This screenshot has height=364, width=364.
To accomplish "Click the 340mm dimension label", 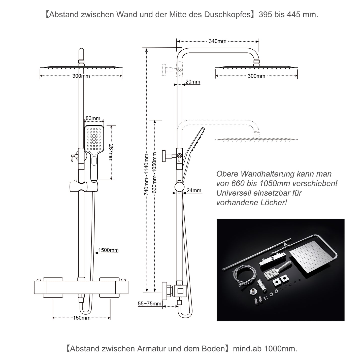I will tap(217, 41).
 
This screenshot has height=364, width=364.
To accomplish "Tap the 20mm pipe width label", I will tap(193, 82).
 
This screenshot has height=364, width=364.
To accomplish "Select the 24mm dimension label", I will tap(194, 190).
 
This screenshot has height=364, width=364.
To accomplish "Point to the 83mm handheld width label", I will tap(93, 118).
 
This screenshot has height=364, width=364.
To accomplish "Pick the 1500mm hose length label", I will tap(108, 250).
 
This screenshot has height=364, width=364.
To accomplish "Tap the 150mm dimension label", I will tap(82, 318).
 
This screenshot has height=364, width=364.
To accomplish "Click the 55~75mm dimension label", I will tap(149, 304).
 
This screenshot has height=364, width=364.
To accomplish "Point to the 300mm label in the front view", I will tap(81, 76).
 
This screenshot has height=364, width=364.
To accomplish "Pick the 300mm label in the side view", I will tap(256, 76).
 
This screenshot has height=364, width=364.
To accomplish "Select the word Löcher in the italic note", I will tap(275, 203).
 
